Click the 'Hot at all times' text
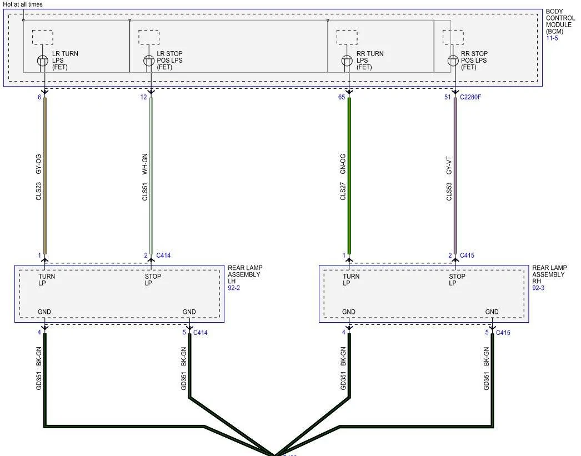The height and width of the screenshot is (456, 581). click(23, 4)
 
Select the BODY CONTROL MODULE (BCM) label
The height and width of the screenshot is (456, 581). click(560, 25)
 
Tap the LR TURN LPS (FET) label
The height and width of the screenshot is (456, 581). click(65, 61)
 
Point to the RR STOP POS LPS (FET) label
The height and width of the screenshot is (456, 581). click(474, 61)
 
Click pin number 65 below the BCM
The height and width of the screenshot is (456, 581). click(341, 97)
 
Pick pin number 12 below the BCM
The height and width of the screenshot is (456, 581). click(144, 97)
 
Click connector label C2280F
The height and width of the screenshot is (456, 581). click(471, 97)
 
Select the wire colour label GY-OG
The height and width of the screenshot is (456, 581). click(39, 164)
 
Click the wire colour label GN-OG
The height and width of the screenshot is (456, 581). click(343, 164)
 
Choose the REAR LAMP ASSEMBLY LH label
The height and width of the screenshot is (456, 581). click(244, 274)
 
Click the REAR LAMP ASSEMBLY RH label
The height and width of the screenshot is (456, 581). click(549, 274)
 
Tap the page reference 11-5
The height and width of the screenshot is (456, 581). click(552, 39)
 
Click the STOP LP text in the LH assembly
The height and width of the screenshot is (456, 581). click(153, 279)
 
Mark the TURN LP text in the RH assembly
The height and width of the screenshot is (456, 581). click(351, 279)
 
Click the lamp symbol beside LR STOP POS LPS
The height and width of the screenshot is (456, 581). click(149, 61)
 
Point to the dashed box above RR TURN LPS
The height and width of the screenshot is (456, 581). click(347, 37)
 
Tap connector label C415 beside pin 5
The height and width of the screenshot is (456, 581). click(503, 333)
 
